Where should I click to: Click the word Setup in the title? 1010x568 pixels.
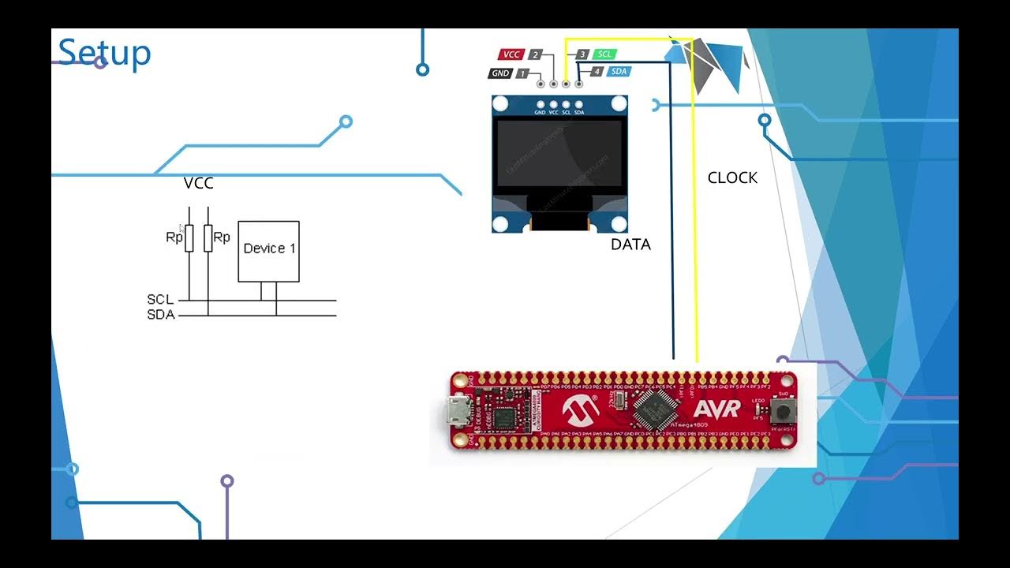coord(104,52)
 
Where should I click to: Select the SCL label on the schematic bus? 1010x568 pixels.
coord(160,300)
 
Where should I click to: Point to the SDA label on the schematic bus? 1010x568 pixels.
coord(160,315)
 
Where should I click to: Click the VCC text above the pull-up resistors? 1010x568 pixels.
coord(198,183)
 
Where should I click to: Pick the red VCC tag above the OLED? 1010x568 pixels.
coord(511,54)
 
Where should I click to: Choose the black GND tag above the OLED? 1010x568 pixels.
coord(500,73)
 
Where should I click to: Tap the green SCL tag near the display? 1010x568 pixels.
coord(604,54)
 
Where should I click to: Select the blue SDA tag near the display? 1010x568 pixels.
coord(619,71)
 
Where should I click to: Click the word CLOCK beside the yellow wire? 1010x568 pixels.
coord(732,178)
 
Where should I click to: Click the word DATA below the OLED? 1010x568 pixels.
coord(630,245)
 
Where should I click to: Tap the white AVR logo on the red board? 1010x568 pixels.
coord(716,409)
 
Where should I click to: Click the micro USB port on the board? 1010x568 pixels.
coord(457,411)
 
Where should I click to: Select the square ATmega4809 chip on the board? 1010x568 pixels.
coord(654,409)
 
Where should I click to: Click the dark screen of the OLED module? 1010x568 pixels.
coord(559,154)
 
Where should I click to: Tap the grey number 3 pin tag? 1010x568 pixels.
coord(582,54)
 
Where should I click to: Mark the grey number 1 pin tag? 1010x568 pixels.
coord(522,73)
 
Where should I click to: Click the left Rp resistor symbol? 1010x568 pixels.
coord(189,237)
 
